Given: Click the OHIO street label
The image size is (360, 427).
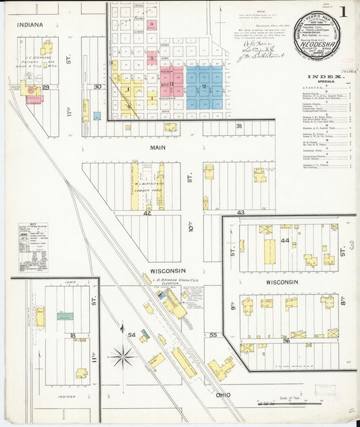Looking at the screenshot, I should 224,394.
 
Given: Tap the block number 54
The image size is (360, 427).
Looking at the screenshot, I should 132,334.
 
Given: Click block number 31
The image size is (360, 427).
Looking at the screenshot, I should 238,126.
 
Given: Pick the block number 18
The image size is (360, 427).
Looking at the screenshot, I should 71,334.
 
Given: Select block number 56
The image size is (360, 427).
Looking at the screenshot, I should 286,341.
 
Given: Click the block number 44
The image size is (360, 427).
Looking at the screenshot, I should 285,241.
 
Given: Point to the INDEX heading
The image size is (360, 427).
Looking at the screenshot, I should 327,78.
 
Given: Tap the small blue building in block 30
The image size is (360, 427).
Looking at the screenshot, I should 97,116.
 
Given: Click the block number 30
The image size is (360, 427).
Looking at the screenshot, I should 98,86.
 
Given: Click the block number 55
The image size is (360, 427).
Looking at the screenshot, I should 213,334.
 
